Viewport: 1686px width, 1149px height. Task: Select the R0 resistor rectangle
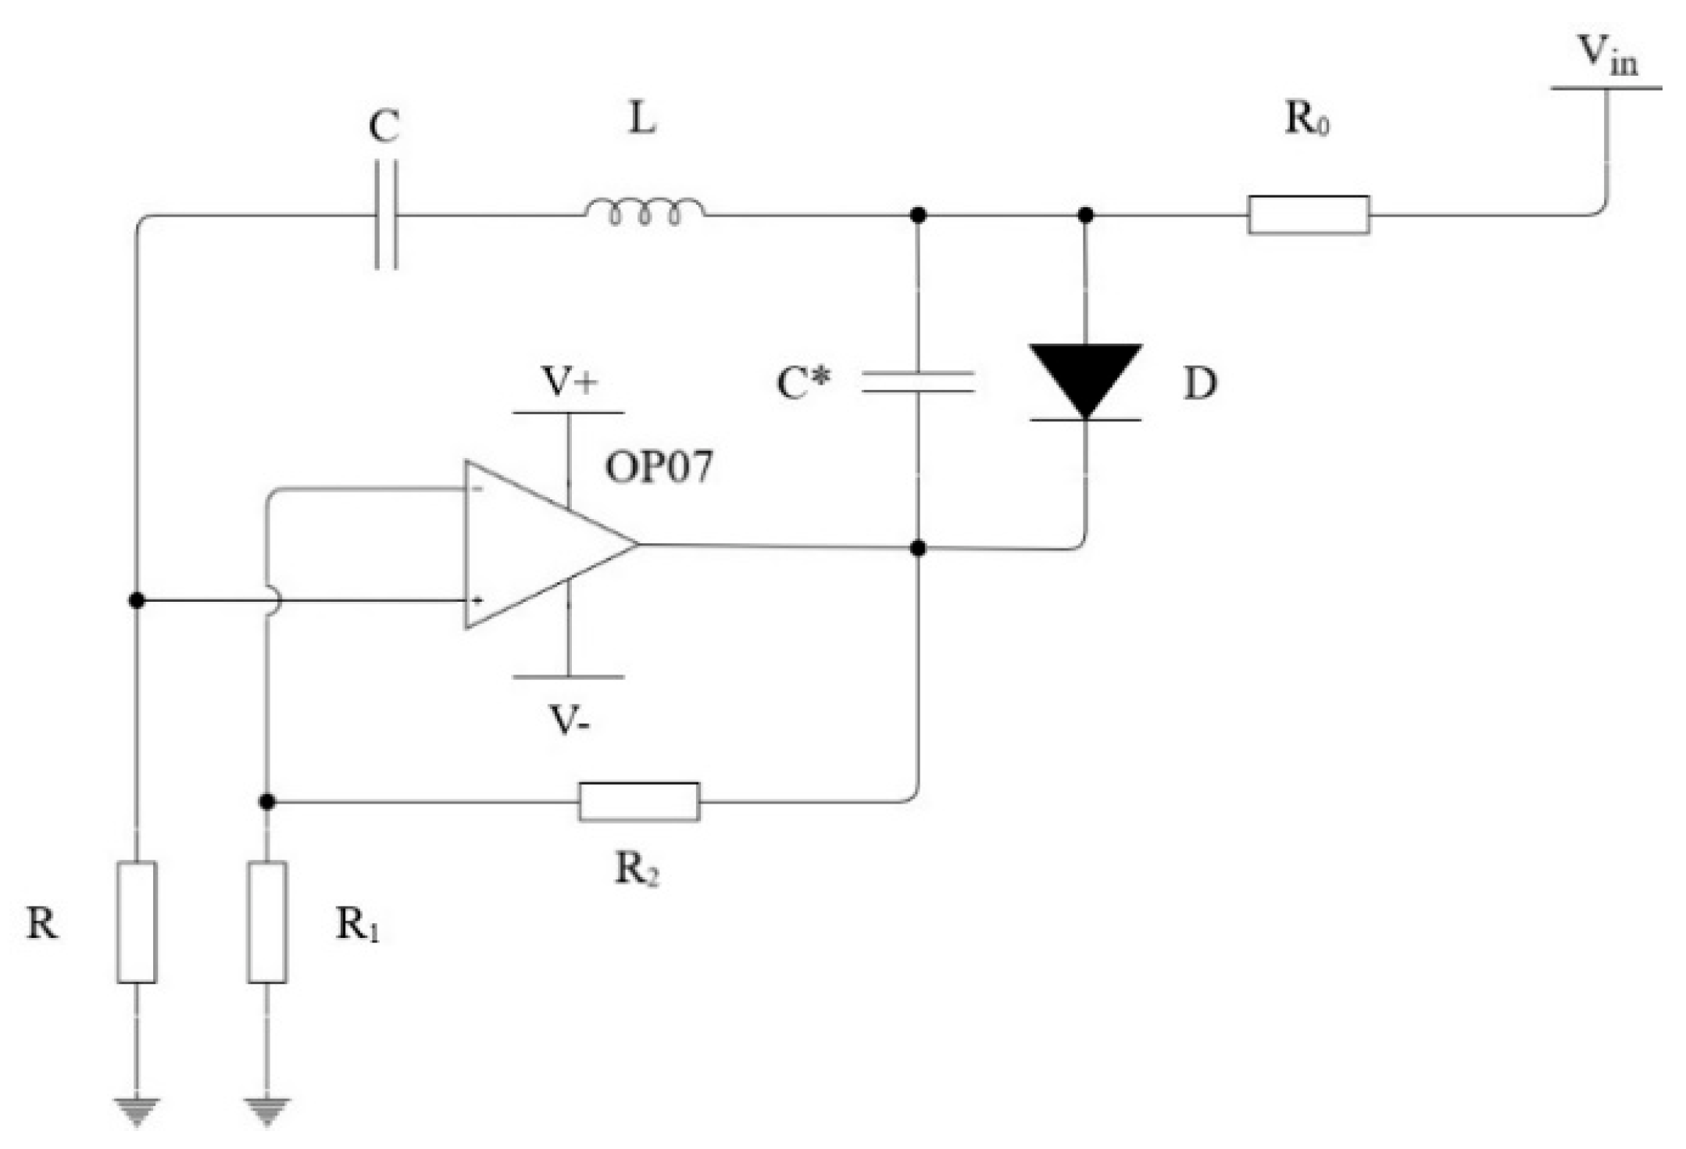(x=1308, y=214)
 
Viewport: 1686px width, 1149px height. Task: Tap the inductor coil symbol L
(x=645, y=210)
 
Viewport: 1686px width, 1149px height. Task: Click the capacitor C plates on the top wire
(x=386, y=214)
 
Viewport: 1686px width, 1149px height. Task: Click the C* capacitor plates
(x=918, y=381)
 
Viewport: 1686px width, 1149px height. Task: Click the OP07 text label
(x=659, y=467)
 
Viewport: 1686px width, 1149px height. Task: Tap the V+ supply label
(x=570, y=382)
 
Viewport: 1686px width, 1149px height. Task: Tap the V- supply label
(x=570, y=721)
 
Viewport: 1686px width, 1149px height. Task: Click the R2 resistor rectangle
(x=639, y=801)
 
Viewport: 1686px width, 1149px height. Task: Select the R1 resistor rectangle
(x=267, y=922)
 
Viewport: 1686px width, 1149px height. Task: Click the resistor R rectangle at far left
(x=137, y=922)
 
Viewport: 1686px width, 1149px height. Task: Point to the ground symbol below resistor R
(x=137, y=1111)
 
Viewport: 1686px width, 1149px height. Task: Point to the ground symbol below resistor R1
(x=267, y=1111)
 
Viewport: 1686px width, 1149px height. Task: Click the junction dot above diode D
(x=1085, y=214)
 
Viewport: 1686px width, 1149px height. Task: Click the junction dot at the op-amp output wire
(x=918, y=548)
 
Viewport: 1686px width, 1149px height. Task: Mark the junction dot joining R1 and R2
(x=267, y=801)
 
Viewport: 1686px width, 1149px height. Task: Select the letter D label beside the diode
(x=1199, y=384)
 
